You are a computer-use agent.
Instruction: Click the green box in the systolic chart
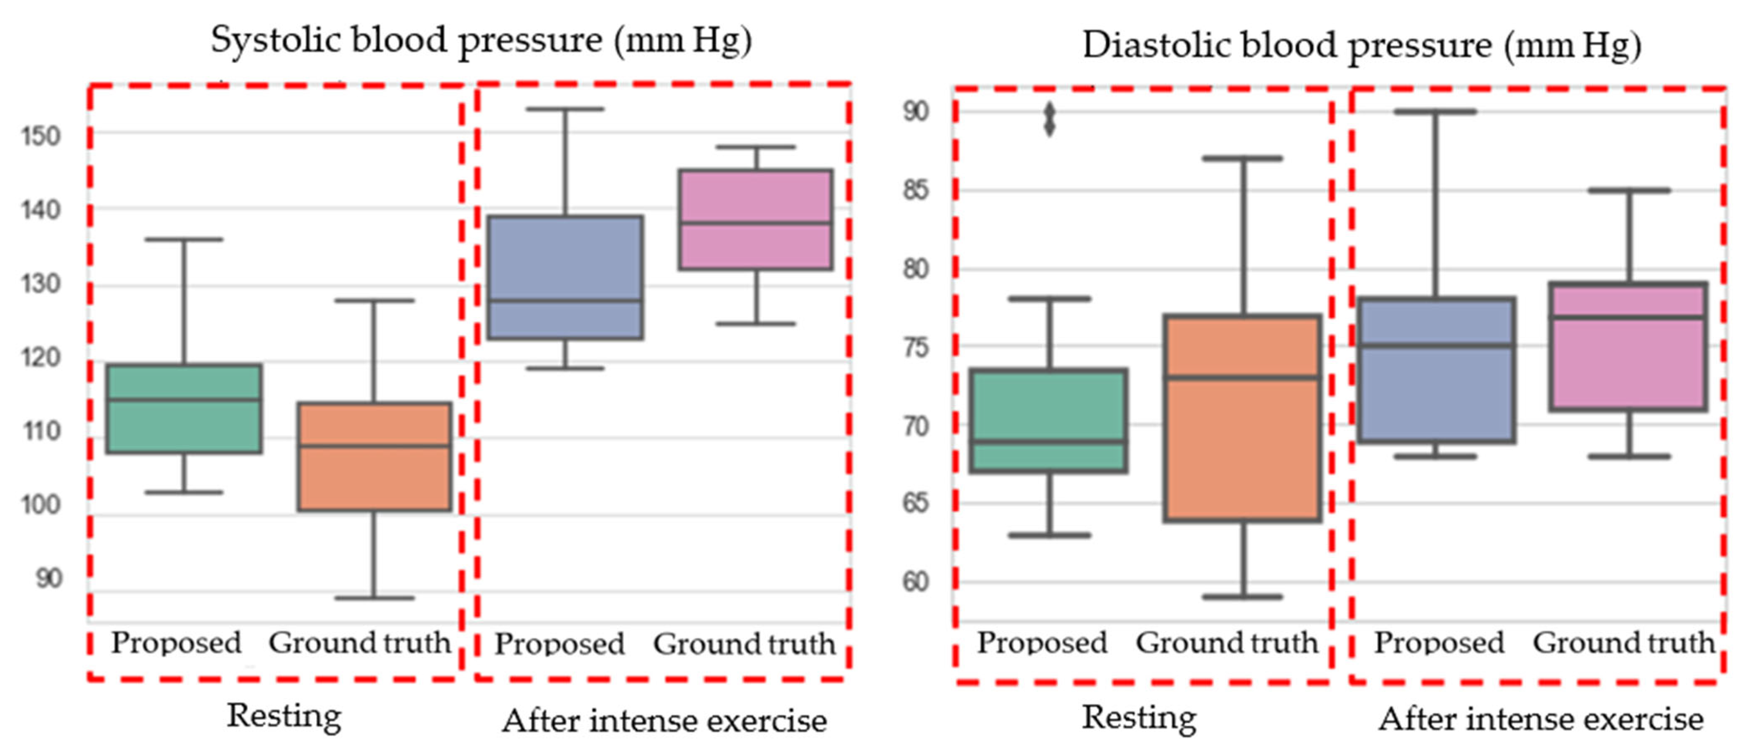pos(184,409)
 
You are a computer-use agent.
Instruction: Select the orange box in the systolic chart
pos(375,457)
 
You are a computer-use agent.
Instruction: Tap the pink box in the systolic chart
pos(756,219)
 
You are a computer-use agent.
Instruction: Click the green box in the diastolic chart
pos(1049,420)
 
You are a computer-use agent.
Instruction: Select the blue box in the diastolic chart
pos(1436,370)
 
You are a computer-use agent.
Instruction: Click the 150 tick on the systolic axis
pos(41,136)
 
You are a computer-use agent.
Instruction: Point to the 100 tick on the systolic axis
pos(41,505)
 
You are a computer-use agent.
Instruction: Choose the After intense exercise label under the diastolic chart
pos(1541,719)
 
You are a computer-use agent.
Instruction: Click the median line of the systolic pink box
pos(756,222)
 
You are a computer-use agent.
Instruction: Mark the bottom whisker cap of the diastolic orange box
pos(1243,597)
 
